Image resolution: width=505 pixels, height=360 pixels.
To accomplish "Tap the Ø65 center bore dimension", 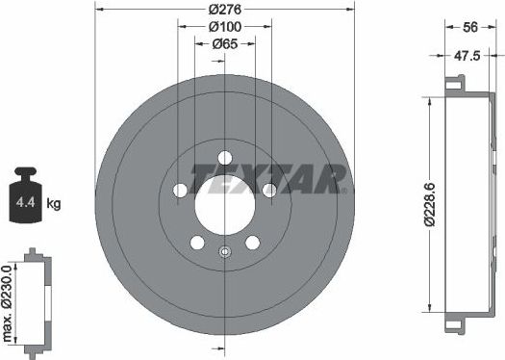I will pyautogui.click(x=224, y=44).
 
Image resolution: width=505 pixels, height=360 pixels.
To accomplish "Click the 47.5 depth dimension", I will pyautogui.click(x=467, y=57).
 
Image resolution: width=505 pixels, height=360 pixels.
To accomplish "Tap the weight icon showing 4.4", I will pyautogui.click(x=26, y=199).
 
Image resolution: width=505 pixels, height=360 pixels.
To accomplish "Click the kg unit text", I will pyautogui.click(x=54, y=204).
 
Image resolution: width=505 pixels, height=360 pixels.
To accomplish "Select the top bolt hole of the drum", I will pyautogui.click(x=225, y=158).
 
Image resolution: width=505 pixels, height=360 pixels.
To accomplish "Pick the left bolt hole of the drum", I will pyautogui.click(x=180, y=191).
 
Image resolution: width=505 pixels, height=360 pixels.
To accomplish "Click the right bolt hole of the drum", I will pyautogui.click(x=269, y=191).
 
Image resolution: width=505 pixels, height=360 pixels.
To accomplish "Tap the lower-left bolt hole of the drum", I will pyautogui.click(x=197, y=243).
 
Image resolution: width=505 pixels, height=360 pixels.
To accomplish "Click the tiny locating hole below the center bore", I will pyautogui.click(x=224, y=253).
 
